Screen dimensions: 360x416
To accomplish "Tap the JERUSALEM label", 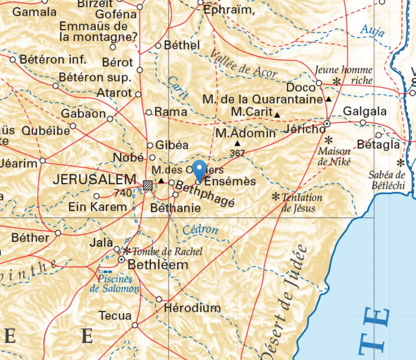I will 95,179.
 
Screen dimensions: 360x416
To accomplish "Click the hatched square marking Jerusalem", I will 148,184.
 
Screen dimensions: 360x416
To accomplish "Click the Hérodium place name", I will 192,308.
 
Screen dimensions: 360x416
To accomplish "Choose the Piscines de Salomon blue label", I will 114,284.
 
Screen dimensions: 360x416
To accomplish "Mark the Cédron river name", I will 200,229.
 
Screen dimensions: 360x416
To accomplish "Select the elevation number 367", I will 238,153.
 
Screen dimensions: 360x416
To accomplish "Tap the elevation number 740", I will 122,193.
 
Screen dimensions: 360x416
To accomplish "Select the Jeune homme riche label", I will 343,74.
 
